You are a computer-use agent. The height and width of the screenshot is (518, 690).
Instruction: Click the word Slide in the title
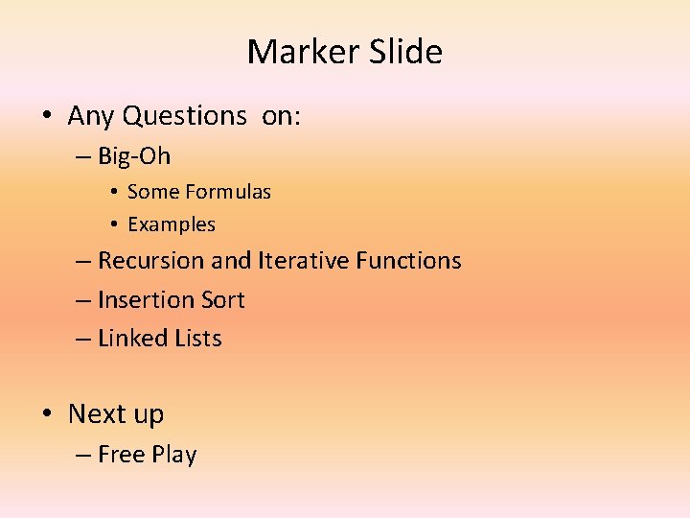407,52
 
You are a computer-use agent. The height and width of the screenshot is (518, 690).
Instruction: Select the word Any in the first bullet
91,116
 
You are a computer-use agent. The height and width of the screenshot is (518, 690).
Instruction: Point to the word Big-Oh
134,156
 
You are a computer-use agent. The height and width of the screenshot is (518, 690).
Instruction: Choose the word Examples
172,224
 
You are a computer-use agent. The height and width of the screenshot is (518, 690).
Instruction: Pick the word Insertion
145,300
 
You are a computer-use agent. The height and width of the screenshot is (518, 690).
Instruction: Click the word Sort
221,300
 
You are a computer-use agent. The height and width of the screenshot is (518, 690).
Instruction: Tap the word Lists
198,339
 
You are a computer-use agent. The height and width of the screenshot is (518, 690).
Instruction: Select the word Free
121,455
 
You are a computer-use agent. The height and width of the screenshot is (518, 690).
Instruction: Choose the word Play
173,455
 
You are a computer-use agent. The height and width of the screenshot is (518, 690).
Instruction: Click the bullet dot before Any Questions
45,117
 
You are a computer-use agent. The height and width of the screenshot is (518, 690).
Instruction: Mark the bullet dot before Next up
45,414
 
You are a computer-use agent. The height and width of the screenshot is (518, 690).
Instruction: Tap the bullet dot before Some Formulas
113,193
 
